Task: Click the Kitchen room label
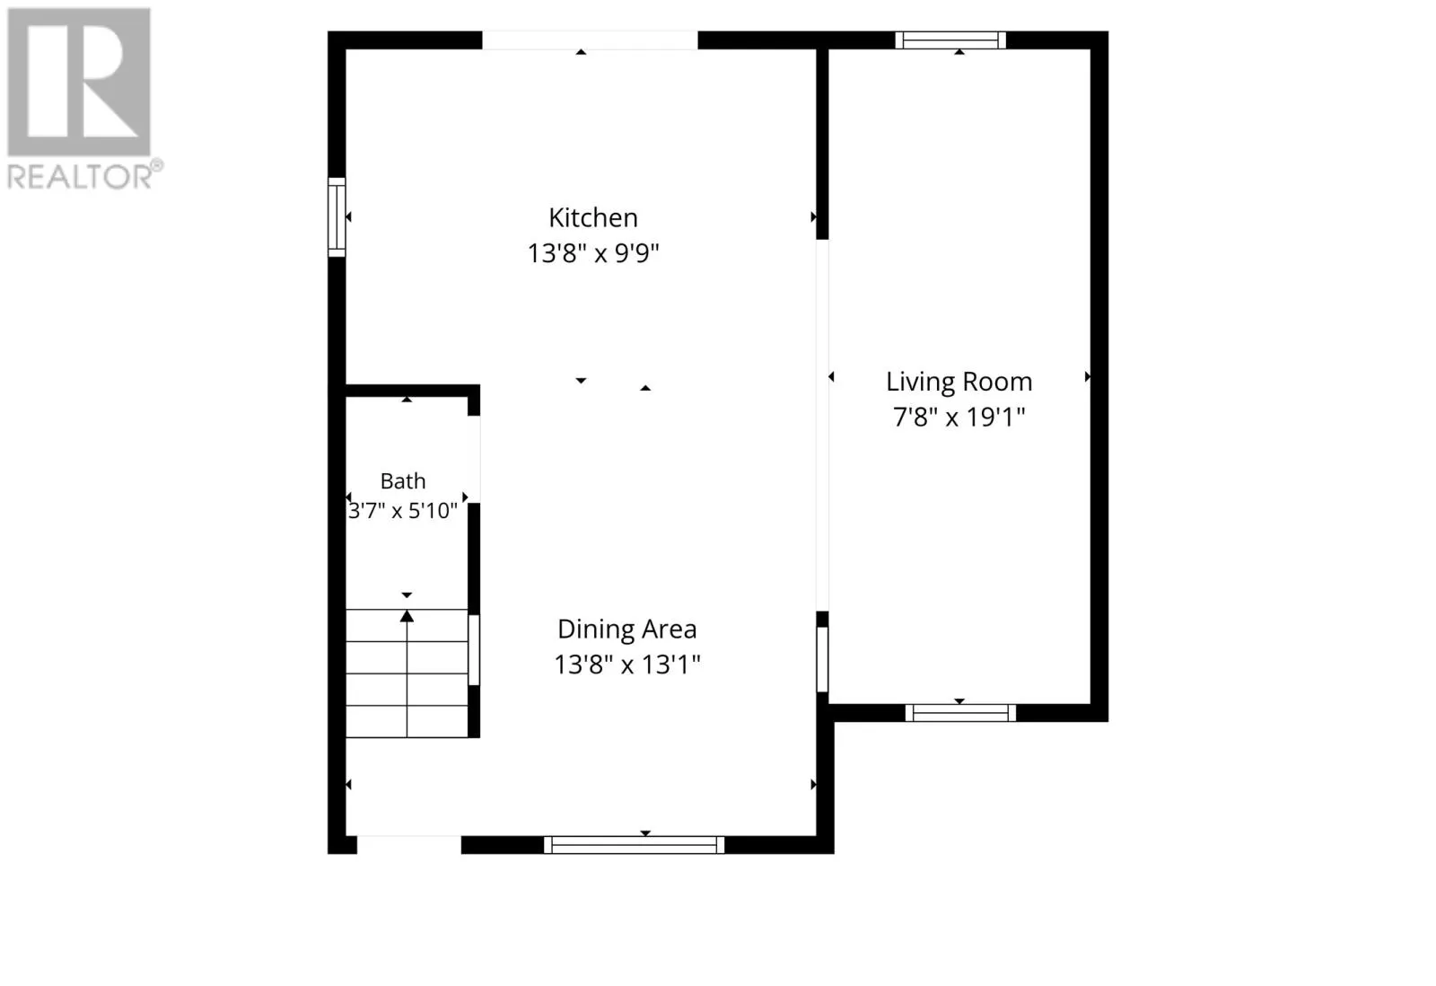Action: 593,218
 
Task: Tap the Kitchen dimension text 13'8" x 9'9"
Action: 593,253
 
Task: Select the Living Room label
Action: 959,382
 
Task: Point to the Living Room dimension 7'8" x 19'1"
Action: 959,417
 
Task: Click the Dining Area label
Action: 627,629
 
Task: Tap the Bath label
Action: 403,480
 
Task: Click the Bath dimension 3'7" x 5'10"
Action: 403,511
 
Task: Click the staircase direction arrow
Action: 407,673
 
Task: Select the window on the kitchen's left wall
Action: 337,217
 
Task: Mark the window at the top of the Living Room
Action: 950,40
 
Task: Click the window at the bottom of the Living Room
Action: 960,713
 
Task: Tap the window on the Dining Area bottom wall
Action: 634,845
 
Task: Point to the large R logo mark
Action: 79,82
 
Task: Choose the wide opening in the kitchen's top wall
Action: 590,40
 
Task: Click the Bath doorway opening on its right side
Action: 474,459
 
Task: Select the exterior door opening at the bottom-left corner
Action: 409,845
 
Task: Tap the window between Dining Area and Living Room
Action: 822,659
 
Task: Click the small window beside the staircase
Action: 474,650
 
